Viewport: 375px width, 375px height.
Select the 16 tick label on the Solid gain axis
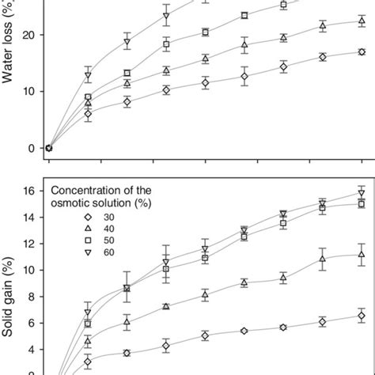click(30, 191)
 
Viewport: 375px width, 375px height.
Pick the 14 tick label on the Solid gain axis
click(30, 217)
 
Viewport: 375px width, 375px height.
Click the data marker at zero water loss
click(49, 148)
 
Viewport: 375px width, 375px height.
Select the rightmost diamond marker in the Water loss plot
click(362, 52)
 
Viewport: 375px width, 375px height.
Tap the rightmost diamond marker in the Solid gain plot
click(362, 316)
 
